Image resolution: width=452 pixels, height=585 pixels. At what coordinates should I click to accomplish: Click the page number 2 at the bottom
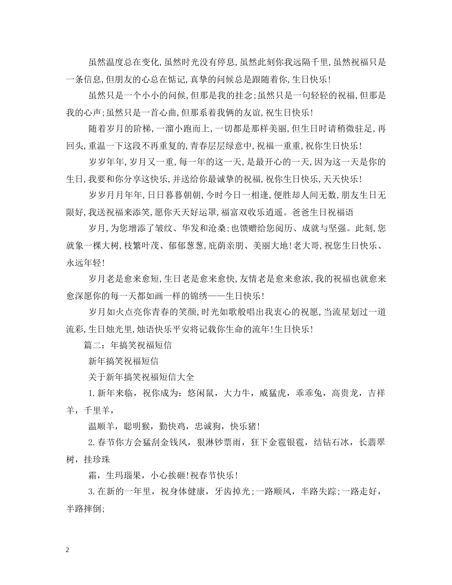(x=68, y=550)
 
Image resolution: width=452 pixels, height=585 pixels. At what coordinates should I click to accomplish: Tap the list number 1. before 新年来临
(x=92, y=394)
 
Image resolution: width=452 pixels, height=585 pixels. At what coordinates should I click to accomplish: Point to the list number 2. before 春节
(x=92, y=442)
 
